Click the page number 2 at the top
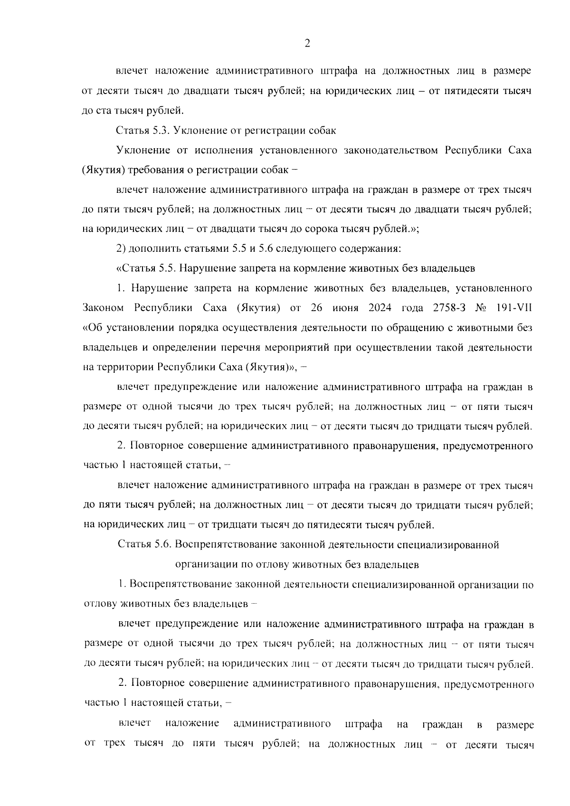(307, 44)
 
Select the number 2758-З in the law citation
(450, 308)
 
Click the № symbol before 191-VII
(481, 308)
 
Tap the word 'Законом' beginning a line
(103, 308)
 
